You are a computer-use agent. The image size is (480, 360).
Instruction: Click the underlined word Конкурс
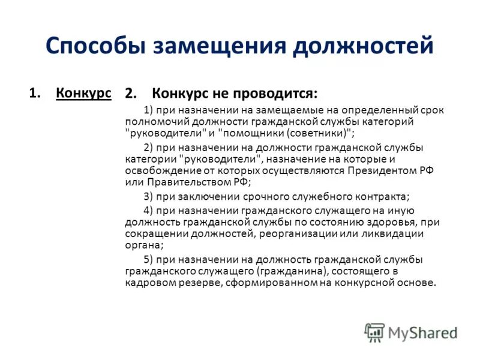point(83,93)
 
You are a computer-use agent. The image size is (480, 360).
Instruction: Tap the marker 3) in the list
point(149,196)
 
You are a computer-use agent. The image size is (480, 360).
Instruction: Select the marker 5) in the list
point(149,259)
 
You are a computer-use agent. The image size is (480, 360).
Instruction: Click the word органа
point(143,245)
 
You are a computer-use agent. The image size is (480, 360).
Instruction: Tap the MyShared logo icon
point(374,332)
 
